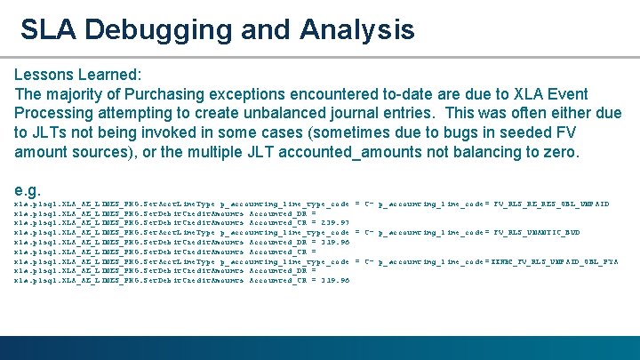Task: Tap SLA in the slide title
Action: [x=50, y=29]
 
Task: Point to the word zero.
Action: [x=561, y=153]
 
